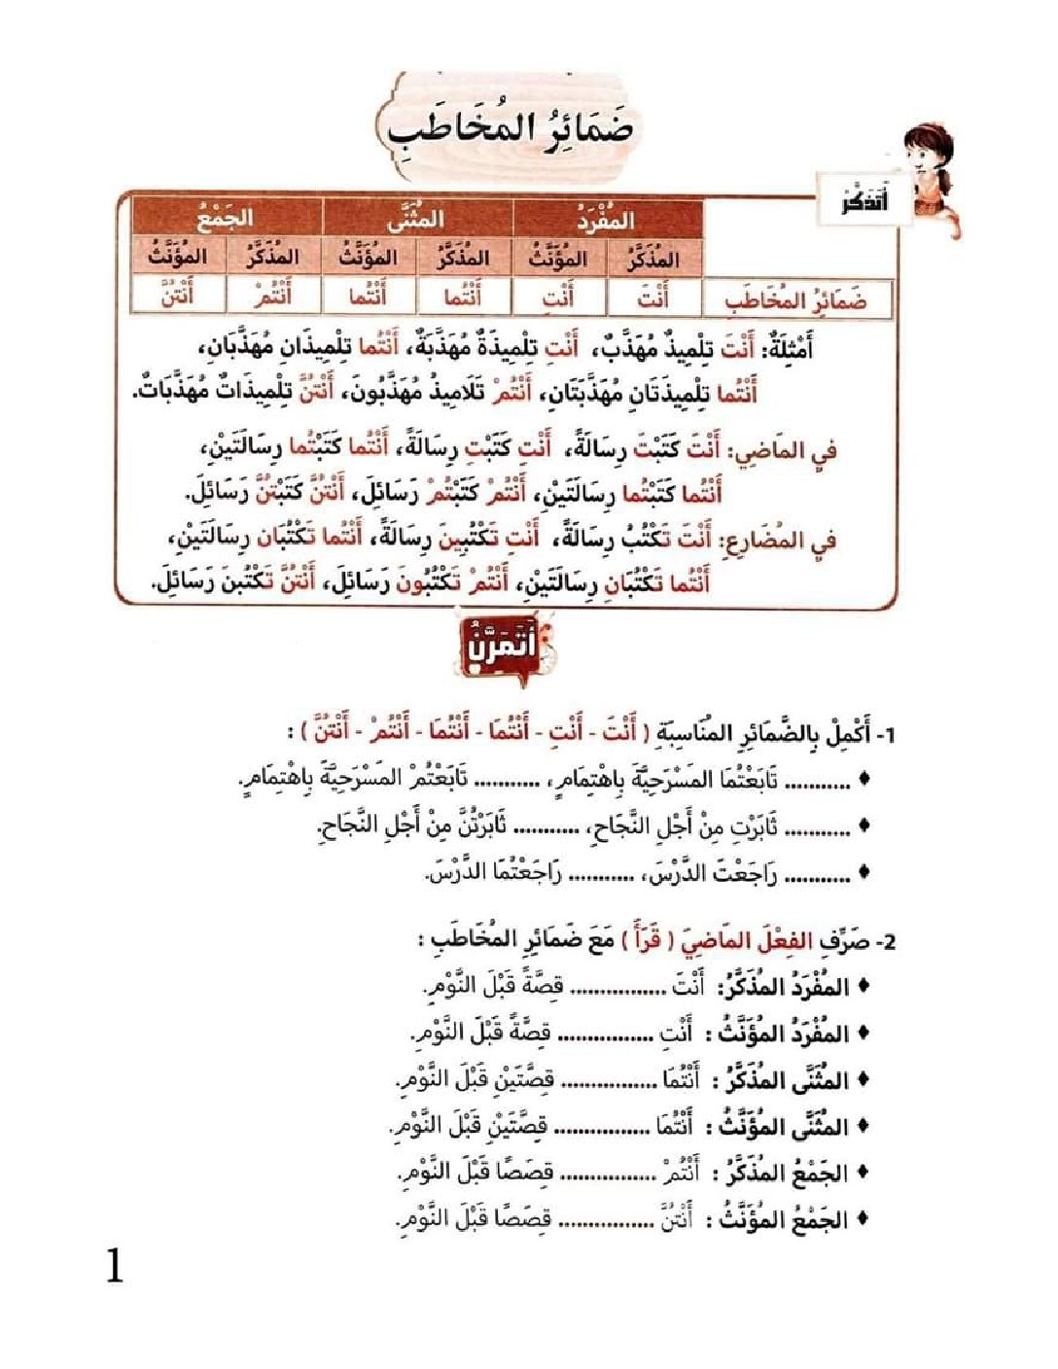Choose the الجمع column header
click(226, 218)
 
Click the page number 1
click(115, 1267)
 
